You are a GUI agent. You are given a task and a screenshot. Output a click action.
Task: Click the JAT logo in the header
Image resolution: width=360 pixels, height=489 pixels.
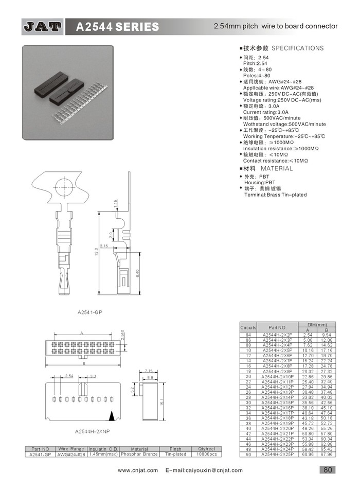[x=42, y=26]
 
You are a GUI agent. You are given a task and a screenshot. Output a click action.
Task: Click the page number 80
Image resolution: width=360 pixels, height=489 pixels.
[x=328, y=469]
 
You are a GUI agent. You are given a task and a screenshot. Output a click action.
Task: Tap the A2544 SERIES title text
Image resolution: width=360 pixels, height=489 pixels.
[x=117, y=27]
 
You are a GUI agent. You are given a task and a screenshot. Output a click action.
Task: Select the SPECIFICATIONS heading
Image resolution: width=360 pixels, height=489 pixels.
[x=297, y=48]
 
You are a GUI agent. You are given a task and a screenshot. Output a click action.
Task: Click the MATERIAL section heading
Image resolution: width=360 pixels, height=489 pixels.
[x=276, y=168]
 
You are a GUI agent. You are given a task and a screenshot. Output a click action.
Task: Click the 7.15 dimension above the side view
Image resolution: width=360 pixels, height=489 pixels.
[x=149, y=371]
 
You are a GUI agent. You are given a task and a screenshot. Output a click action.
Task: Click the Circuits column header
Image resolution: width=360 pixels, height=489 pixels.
[x=248, y=327]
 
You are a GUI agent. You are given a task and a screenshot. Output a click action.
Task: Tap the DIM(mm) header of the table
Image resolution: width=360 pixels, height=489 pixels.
[x=317, y=324]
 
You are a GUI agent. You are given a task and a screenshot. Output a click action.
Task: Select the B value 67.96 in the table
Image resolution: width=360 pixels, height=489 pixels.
[x=327, y=455]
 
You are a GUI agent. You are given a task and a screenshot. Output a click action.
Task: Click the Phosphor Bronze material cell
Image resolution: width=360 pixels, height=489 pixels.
[x=139, y=455]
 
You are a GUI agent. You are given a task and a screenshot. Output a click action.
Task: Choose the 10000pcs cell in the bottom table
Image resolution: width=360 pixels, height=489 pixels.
[x=206, y=455]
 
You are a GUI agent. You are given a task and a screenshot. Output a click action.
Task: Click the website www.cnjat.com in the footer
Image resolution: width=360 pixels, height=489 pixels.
[x=137, y=470]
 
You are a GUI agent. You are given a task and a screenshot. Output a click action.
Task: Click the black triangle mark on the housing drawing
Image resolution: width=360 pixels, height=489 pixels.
[x=111, y=414]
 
